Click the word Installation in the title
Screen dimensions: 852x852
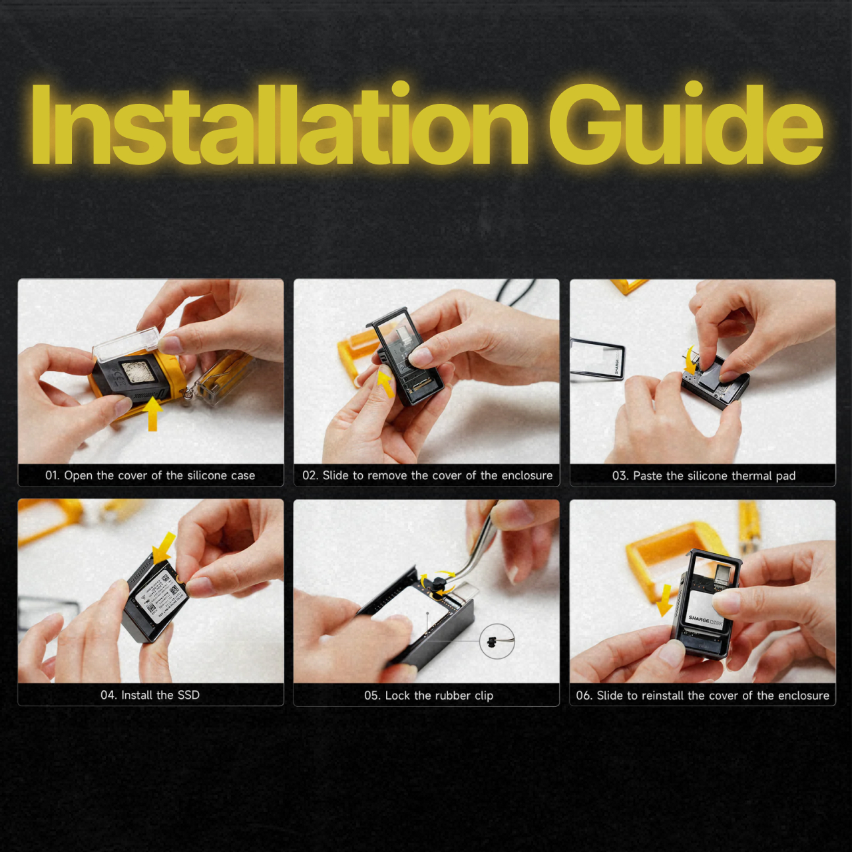click(x=280, y=124)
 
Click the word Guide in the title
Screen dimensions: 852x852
click(x=686, y=124)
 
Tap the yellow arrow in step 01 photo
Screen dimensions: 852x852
click(x=152, y=413)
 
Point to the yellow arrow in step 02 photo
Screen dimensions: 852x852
click(x=386, y=383)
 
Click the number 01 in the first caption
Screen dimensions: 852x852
click(x=52, y=475)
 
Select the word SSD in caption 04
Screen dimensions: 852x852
click(x=188, y=695)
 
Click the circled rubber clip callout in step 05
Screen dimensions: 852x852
click(x=497, y=641)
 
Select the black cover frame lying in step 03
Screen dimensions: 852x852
click(x=597, y=359)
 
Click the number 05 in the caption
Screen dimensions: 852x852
click(x=371, y=696)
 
